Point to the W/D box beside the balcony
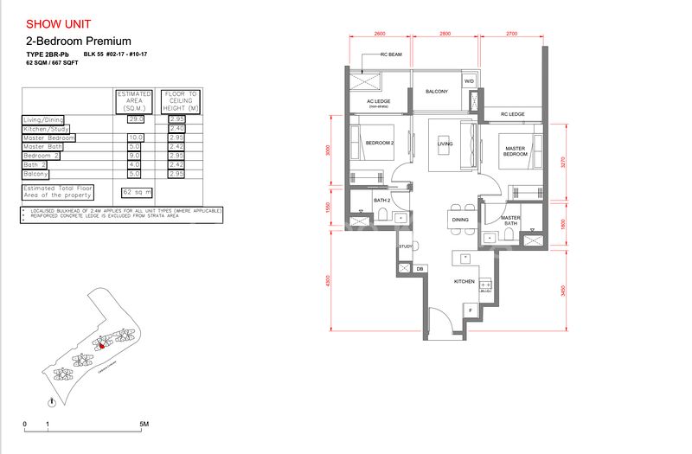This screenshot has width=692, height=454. click(470, 82)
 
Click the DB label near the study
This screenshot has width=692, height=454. click(420, 269)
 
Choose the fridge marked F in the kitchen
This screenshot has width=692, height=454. click(471, 310)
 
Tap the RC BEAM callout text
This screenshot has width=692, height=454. click(393, 54)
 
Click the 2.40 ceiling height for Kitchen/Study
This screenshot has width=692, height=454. click(176, 128)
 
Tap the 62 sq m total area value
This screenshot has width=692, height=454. click(138, 192)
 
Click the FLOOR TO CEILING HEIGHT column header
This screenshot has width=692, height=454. click(180, 102)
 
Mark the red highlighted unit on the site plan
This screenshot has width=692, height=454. click(99, 343)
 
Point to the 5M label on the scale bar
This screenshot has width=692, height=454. click(144, 425)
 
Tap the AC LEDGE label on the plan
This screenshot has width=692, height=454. click(379, 101)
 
